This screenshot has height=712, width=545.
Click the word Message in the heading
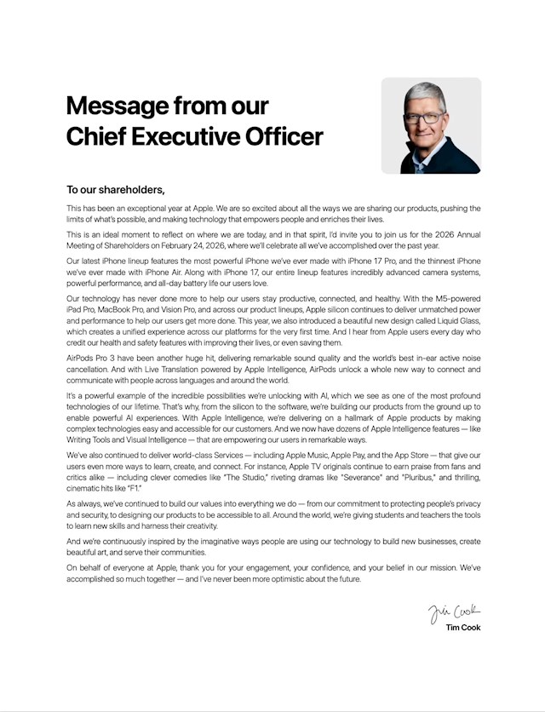coord(117,106)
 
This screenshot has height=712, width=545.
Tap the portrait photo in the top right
coord(431,125)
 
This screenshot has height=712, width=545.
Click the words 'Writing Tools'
coord(90,441)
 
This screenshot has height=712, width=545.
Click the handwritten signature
coord(454,611)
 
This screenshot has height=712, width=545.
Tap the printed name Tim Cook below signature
coord(462,629)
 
